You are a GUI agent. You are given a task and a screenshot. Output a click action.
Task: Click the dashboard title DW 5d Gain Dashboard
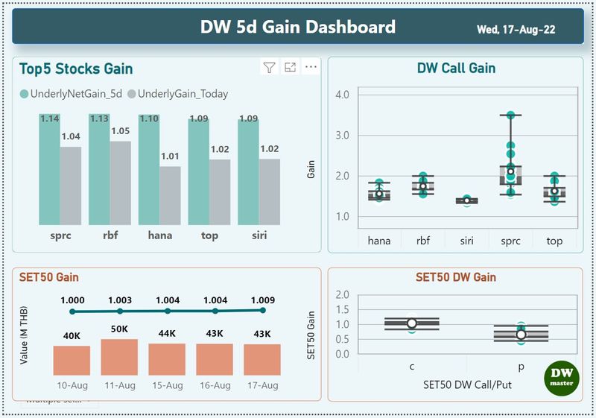(x=297, y=28)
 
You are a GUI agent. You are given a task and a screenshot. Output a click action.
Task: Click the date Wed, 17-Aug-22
(x=516, y=30)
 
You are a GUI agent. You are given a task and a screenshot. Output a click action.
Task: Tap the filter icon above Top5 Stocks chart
(x=269, y=68)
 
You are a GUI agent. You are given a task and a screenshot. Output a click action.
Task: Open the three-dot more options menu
(x=311, y=68)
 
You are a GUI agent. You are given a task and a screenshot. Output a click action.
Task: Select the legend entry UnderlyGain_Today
(x=178, y=94)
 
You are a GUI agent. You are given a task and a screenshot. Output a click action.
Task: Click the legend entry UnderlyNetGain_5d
(x=72, y=94)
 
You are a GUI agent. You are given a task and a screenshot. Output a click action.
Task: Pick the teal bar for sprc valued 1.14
(x=50, y=171)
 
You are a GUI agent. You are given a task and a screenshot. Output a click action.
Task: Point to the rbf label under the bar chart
(x=110, y=235)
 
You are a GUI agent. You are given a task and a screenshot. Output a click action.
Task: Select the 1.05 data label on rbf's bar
(x=120, y=131)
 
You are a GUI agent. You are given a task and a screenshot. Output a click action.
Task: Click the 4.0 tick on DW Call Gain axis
(x=343, y=95)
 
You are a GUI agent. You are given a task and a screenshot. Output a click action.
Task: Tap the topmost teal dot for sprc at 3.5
(x=510, y=115)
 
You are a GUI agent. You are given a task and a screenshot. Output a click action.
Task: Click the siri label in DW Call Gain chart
(x=467, y=241)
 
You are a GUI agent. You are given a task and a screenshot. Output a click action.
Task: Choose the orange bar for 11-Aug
(x=119, y=357)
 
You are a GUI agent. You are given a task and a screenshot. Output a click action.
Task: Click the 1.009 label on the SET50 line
(x=262, y=299)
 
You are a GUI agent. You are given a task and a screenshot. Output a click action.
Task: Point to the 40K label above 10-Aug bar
(x=72, y=335)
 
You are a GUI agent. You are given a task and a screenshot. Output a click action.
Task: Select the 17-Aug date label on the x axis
(x=262, y=385)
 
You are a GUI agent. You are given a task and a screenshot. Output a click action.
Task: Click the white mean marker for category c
(x=411, y=323)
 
